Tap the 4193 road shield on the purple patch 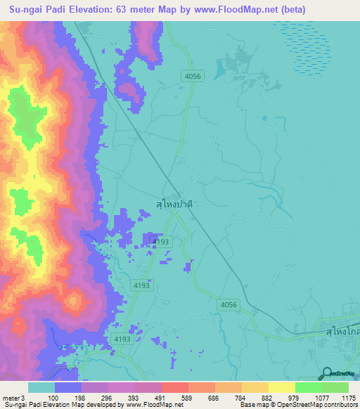tap(160, 241)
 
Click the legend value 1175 tap(348, 398)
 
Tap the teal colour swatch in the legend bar tap(41, 387)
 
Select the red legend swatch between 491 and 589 tap(175, 387)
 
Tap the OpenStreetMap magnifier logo tap(326, 374)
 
